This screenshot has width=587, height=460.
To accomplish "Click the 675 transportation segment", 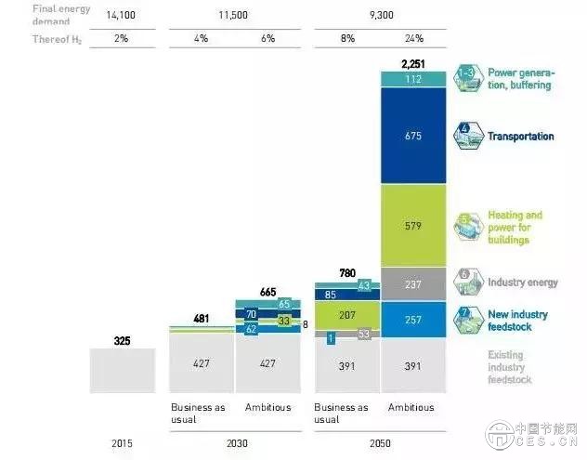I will [413, 137].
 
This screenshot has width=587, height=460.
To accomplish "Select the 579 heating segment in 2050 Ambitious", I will [413, 226].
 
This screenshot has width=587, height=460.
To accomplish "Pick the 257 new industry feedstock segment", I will [413, 319].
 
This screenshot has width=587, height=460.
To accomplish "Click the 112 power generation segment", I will [413, 79].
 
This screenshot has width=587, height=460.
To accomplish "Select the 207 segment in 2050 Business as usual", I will [348, 316].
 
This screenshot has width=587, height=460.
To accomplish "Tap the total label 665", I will [268, 293].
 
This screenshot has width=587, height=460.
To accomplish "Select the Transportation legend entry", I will [520, 137].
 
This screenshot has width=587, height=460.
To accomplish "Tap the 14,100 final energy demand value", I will [123, 15].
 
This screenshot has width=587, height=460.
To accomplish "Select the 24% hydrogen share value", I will [413, 39].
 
